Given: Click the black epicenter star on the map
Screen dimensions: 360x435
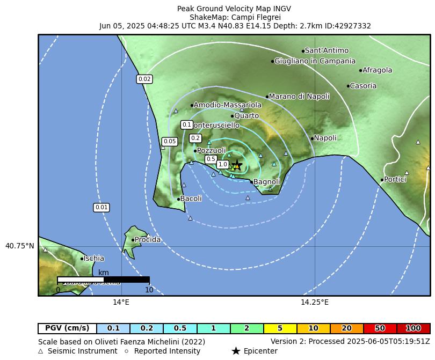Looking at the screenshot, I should tap(236, 165).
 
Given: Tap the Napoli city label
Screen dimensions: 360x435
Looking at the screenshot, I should tap(325, 138).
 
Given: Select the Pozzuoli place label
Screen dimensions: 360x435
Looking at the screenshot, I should tap(211, 151).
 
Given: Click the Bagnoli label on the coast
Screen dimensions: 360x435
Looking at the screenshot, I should tap(266, 182).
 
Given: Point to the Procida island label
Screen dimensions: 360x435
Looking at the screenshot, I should tap(147, 240).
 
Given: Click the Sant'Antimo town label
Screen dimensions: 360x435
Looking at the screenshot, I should tap(327, 50).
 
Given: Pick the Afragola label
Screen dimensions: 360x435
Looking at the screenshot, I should tap(377, 70).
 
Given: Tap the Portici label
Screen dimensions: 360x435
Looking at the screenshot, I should tap(395, 180).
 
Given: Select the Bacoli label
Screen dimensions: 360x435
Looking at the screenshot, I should tap(191, 199).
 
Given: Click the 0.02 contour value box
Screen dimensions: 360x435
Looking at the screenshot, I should tap(144, 79).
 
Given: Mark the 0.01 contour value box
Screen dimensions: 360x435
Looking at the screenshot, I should tap(101, 207).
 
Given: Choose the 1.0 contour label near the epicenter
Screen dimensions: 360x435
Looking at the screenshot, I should tap(223, 164).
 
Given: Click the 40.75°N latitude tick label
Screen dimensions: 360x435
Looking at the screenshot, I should tap(19, 246).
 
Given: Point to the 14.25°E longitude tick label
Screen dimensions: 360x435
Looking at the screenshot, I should tap(314, 303).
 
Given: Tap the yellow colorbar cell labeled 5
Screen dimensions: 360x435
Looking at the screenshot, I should tap(280, 328).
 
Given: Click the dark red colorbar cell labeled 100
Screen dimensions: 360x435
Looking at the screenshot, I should tap(413, 328).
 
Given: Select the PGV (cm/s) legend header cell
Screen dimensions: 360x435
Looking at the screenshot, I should tap(67, 328).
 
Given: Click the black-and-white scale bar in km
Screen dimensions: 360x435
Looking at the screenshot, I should tap(103, 279).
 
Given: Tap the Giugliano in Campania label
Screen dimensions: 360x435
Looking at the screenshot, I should tap(315, 61).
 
